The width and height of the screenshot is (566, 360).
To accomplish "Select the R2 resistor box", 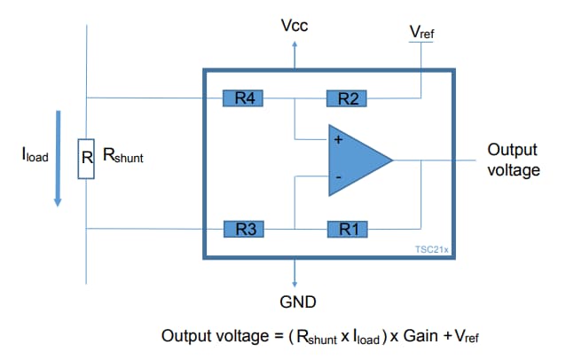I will [x=347, y=98].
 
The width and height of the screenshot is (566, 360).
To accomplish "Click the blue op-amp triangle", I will [x=355, y=160].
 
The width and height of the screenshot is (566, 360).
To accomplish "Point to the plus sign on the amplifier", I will [x=337, y=140].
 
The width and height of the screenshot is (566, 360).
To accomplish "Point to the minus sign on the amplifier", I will [x=337, y=178].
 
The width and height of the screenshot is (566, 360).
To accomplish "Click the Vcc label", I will [x=294, y=26].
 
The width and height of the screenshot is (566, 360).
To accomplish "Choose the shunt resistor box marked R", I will [x=86, y=159].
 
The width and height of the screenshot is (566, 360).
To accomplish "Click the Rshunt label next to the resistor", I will [x=123, y=156].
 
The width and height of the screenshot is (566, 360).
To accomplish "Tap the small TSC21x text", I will [x=432, y=250].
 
